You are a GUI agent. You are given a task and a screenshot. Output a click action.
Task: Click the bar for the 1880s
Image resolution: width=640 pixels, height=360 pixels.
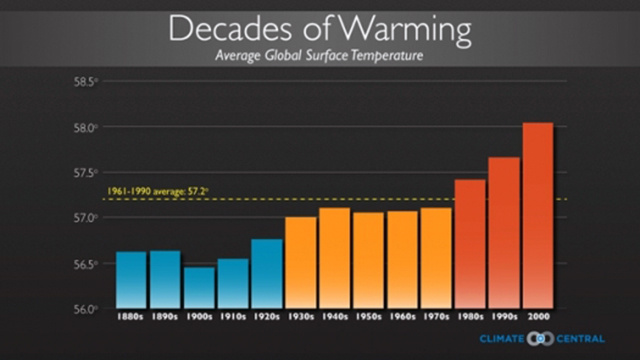pos(131,279)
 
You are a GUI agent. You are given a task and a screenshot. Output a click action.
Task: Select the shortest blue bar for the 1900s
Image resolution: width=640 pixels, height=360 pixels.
pos(199,287)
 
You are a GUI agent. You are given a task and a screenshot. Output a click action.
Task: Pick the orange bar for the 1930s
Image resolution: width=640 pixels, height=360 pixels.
pos(301,262)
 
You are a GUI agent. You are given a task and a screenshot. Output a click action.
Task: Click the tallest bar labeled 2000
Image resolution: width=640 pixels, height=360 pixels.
pos(538,214)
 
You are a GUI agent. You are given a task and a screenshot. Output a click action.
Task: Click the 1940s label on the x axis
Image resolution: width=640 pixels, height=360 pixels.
pos(335,318)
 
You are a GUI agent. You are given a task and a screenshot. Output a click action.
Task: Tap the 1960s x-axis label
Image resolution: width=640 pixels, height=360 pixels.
pos(403,318)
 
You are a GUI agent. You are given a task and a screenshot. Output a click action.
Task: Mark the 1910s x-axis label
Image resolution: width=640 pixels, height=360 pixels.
pos(233,318)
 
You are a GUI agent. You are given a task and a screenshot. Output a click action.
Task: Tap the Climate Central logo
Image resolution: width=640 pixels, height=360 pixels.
pos(540,339)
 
